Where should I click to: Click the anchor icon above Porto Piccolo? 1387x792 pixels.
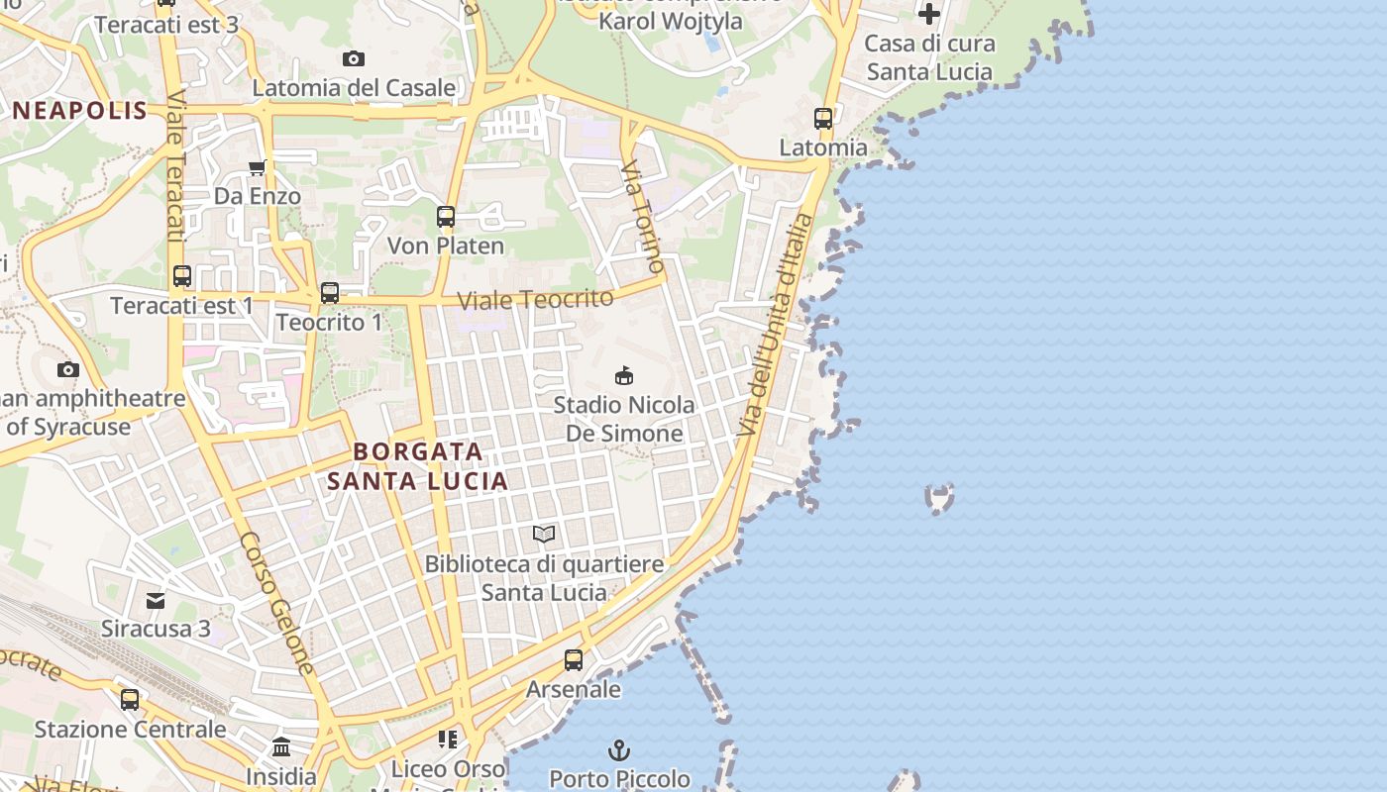pyautogui.click(x=619, y=749)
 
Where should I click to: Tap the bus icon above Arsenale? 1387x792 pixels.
pyautogui.click(x=574, y=660)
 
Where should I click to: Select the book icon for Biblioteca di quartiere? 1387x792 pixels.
pyautogui.click(x=544, y=535)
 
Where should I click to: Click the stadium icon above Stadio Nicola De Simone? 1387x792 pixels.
pyautogui.click(x=624, y=376)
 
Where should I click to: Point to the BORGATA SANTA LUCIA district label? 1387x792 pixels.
pyautogui.click(x=418, y=466)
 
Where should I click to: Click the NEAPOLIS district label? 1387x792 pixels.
pyautogui.click(x=80, y=110)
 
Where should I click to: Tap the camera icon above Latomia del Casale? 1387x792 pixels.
pyautogui.click(x=354, y=59)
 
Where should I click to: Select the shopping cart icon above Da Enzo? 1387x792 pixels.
pyautogui.click(x=258, y=167)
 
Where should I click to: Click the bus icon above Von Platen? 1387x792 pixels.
pyautogui.click(x=446, y=217)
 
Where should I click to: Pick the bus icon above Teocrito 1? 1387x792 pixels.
pyautogui.click(x=330, y=293)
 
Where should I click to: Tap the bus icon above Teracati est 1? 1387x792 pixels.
pyautogui.click(x=182, y=276)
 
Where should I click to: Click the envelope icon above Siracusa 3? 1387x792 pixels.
pyautogui.click(x=156, y=600)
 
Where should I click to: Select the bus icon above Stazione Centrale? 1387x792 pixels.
pyautogui.click(x=130, y=700)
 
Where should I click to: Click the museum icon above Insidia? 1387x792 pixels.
pyautogui.click(x=281, y=747)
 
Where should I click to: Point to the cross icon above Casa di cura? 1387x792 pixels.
pyautogui.click(x=928, y=14)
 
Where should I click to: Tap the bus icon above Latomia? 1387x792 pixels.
pyautogui.click(x=823, y=119)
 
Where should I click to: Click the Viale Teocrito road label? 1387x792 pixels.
pyautogui.click(x=535, y=298)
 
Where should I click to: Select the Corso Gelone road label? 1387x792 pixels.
pyautogui.click(x=276, y=604)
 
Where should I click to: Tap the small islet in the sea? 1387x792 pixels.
pyautogui.click(x=939, y=497)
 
